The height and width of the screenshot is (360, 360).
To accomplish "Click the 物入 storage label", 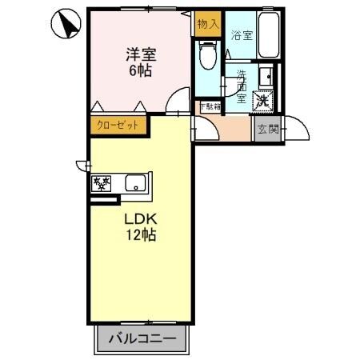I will point(207,24).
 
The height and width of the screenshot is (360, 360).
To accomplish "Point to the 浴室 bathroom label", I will point(242,35).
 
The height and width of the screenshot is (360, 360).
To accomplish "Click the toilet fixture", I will point(207,56).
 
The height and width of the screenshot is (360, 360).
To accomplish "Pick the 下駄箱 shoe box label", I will point(210,106).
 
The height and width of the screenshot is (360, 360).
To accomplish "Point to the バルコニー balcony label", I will point(146,339).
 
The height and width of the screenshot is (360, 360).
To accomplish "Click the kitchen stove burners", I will point(102,183).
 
